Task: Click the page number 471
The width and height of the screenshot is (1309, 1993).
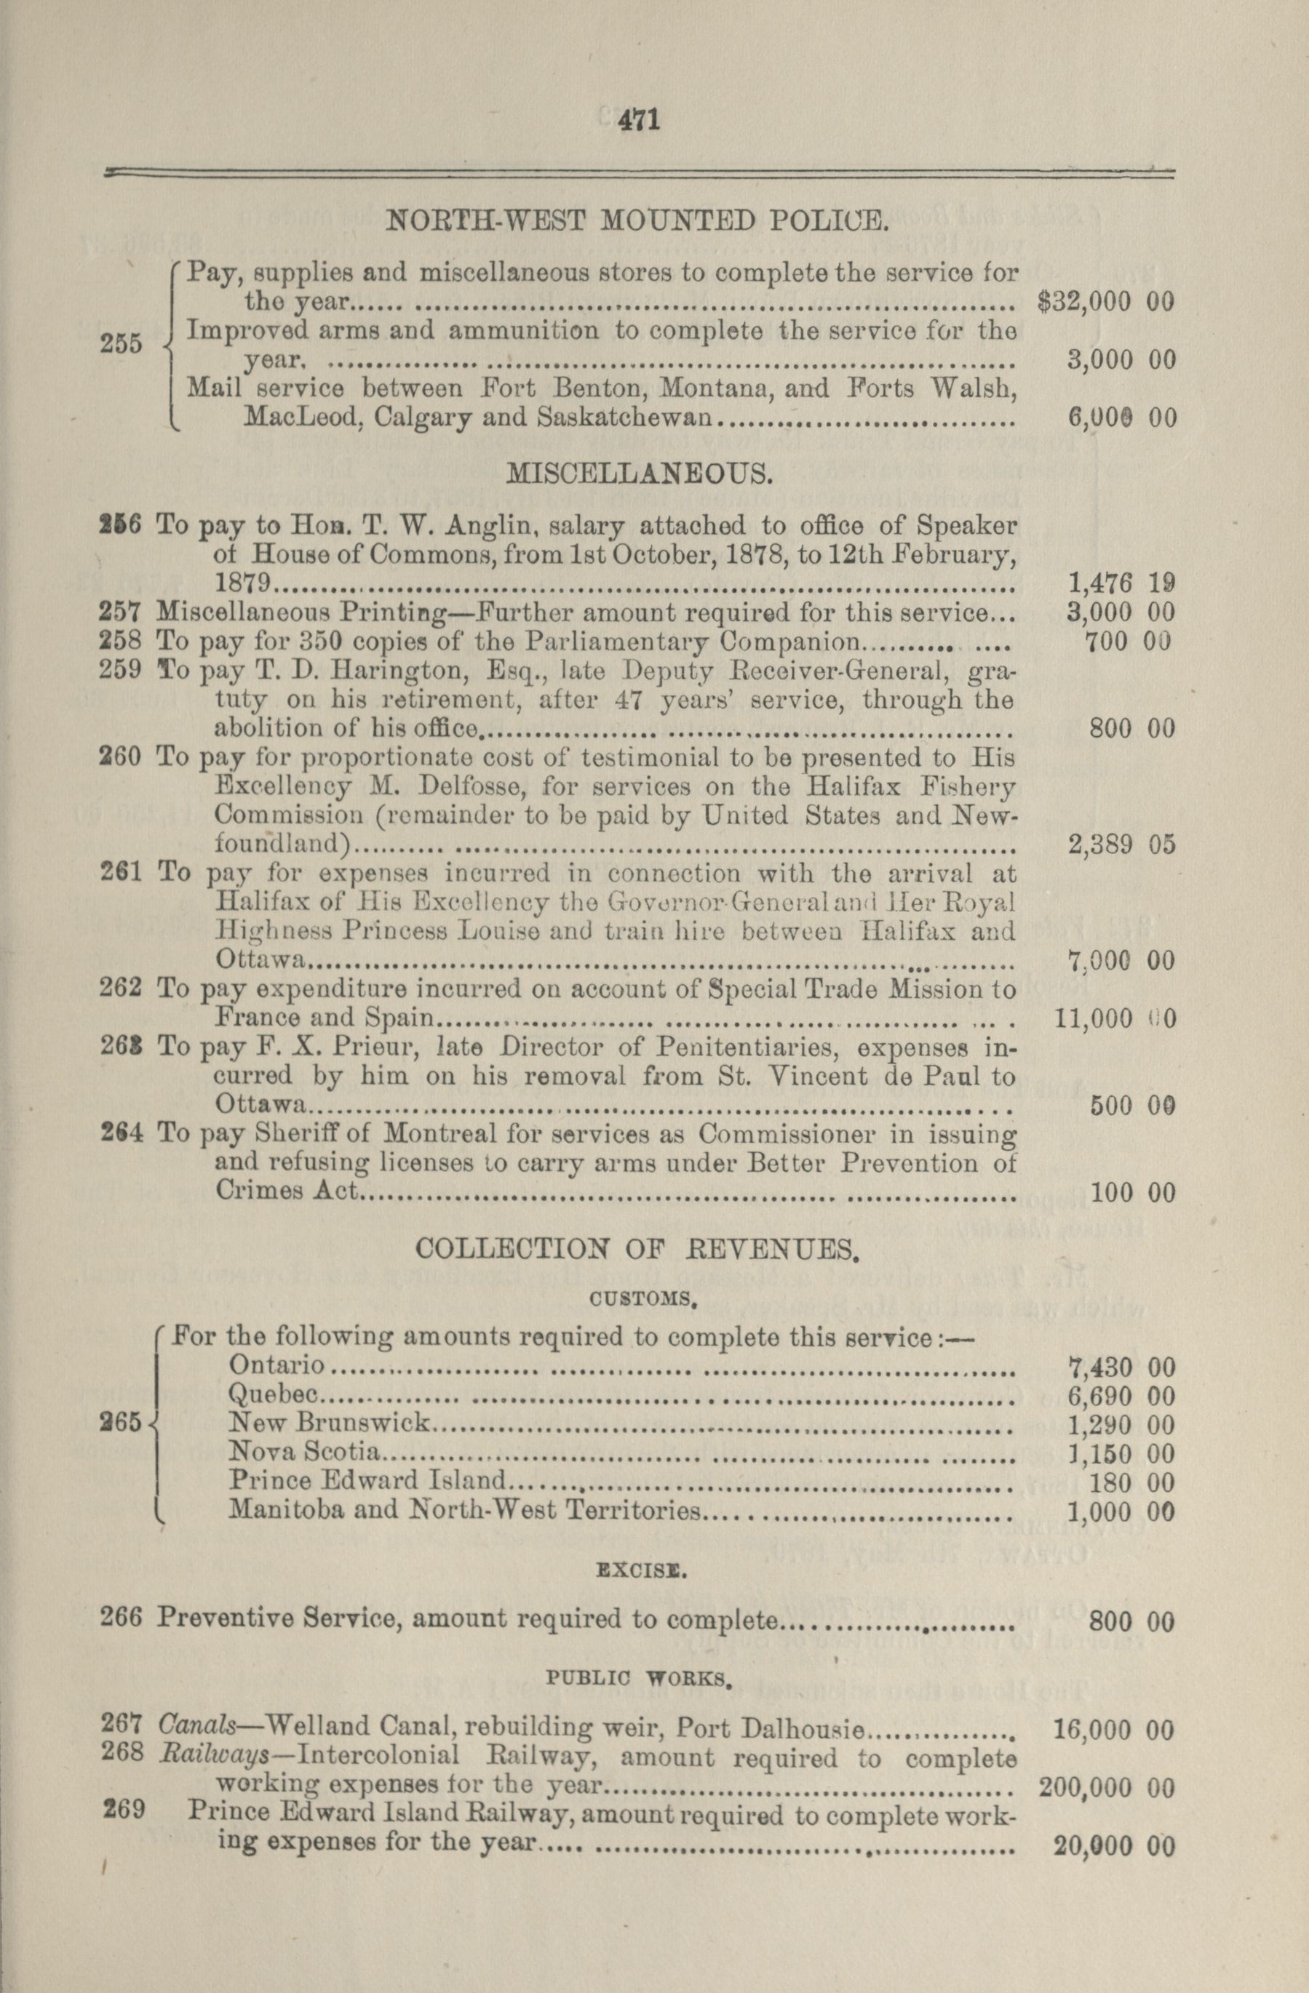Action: click(x=640, y=121)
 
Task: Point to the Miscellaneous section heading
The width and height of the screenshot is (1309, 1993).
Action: click(x=638, y=475)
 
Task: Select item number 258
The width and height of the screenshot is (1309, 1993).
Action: click(x=124, y=642)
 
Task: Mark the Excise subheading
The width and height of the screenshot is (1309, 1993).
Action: click(x=642, y=1572)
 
